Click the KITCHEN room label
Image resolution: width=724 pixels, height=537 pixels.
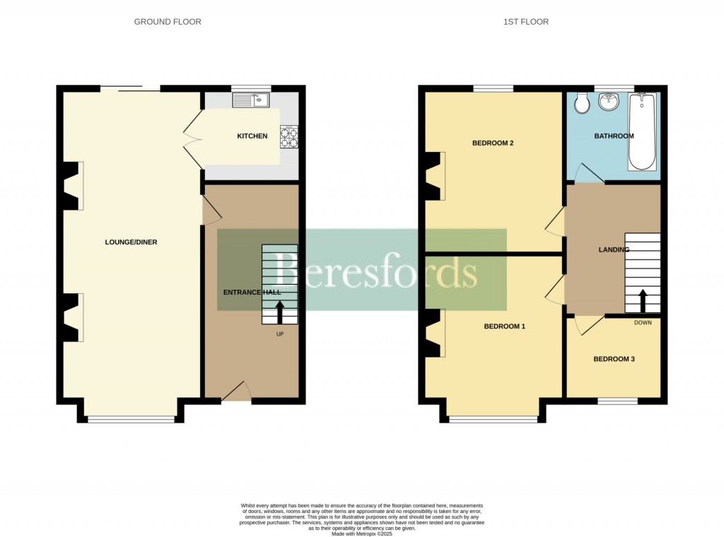[x=252, y=136]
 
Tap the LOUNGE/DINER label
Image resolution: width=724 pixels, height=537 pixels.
[x=131, y=242]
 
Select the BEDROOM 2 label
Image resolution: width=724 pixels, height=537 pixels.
[x=493, y=143]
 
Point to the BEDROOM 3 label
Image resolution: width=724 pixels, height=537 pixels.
[x=614, y=359]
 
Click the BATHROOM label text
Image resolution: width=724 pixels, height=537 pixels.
[x=614, y=136]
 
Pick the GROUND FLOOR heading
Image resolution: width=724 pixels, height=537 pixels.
[x=168, y=22]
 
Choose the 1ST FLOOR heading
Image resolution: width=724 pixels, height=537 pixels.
[x=526, y=22]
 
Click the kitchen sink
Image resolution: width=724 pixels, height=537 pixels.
[x=252, y=100]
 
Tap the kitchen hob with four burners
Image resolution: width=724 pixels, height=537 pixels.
[x=289, y=137]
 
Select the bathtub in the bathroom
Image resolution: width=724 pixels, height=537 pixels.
[x=642, y=133]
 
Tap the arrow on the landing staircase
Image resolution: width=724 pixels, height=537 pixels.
[x=643, y=300]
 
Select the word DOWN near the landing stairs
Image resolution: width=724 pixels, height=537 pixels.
[x=643, y=323]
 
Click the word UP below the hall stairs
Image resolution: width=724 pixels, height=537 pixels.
[x=281, y=334]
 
